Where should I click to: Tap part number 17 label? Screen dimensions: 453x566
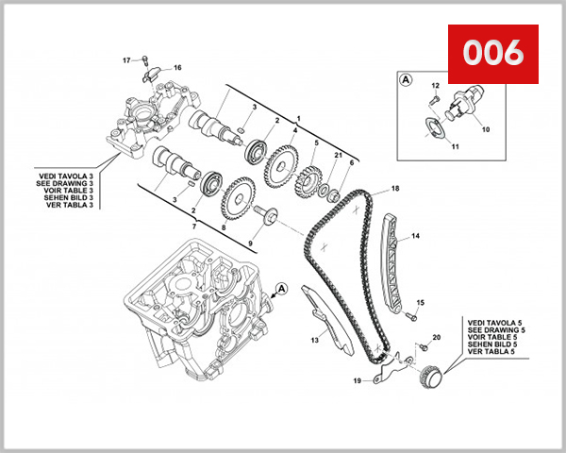[x=126, y=60]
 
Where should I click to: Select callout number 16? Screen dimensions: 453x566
[x=177, y=67]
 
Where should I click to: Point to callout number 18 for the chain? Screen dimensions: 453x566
[x=396, y=189]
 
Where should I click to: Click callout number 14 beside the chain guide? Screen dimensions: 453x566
[x=416, y=236]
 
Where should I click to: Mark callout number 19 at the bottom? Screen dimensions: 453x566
[x=358, y=381]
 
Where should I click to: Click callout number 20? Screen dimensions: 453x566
[x=437, y=337]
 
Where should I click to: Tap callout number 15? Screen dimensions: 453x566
[x=422, y=302]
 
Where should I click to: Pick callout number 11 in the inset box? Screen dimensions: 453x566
[x=454, y=147]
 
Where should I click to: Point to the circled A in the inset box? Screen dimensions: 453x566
[x=406, y=80]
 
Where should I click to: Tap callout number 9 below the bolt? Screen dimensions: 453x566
[x=251, y=244]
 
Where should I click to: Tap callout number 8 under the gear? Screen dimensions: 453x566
[x=224, y=227]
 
